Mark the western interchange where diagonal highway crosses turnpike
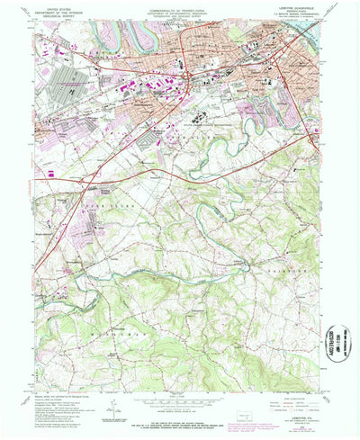click(x=86, y=183)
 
